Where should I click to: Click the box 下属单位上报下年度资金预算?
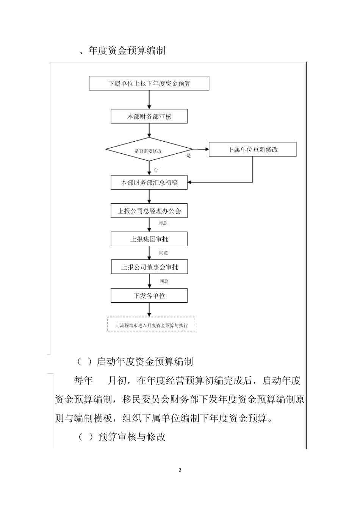tap(149, 83)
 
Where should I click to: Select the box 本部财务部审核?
tap(149, 117)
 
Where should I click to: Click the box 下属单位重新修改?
tap(252, 150)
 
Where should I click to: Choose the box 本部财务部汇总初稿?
tap(149, 183)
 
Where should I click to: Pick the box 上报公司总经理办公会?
tap(149, 211)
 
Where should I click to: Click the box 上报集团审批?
tap(149, 239)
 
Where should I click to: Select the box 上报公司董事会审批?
tap(149, 267)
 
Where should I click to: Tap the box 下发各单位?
tap(149, 296)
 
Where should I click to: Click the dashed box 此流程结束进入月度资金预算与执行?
tap(151, 325)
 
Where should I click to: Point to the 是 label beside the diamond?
tap(188, 156)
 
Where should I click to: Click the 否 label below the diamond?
tap(156, 170)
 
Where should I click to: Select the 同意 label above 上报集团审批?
tap(163, 223)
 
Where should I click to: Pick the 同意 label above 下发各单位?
tap(164, 281)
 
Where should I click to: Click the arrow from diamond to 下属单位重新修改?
tap(201, 149)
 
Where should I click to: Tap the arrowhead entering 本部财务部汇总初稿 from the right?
tap(191, 182)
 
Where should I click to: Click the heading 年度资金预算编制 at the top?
tap(127, 50)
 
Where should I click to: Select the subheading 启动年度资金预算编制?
tap(145, 361)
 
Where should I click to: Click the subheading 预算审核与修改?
tap(131, 437)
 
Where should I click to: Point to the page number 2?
tap(180, 470)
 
